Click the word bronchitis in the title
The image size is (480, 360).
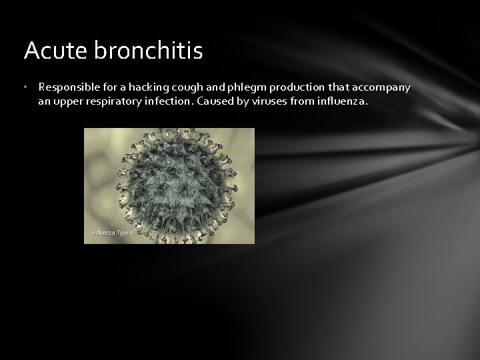pos(149,51)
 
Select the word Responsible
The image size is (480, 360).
pos(68,87)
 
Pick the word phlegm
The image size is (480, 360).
pos(235,87)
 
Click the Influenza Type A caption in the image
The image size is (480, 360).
pos(113,233)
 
